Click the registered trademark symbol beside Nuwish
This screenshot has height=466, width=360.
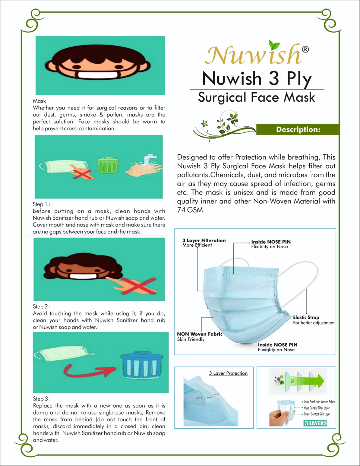pyautogui.click(x=305, y=49)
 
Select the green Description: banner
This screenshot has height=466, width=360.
pyautogui.click(x=298, y=129)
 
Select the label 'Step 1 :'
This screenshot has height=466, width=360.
pyautogui.click(x=41, y=204)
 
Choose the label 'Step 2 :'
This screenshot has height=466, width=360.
pyautogui.click(x=42, y=306)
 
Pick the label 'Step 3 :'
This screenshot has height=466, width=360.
pyautogui.click(x=42, y=399)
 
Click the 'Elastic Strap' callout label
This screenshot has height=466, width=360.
pyautogui.click(x=306, y=317)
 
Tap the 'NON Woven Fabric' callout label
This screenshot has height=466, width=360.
pyautogui.click(x=199, y=334)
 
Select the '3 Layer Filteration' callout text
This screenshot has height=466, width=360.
pyautogui.click(x=204, y=240)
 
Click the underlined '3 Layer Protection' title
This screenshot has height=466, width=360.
pyautogui.click(x=228, y=373)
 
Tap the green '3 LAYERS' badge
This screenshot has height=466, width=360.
pyautogui.click(x=316, y=423)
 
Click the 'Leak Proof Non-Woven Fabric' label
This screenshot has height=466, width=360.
pyautogui.click(x=319, y=402)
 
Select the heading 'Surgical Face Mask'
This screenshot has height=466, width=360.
pyautogui.click(x=257, y=97)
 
